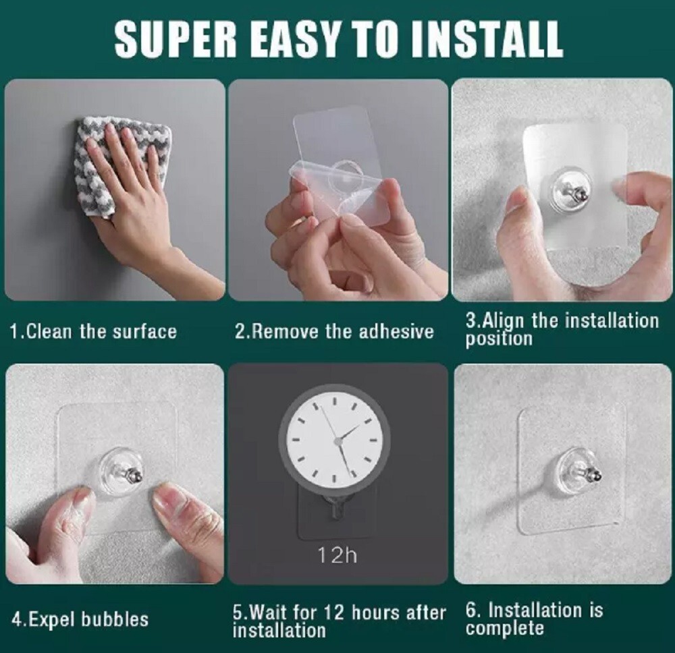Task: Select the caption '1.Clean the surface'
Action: pos(93,332)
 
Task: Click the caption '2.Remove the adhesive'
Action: pos(334,332)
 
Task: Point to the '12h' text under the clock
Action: pos(337,556)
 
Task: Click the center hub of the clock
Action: pos(337,441)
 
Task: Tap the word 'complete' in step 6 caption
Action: pos(504,629)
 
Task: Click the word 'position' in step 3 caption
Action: pos(499,339)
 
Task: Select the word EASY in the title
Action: pos(301,40)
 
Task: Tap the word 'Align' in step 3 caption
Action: pos(504,320)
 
